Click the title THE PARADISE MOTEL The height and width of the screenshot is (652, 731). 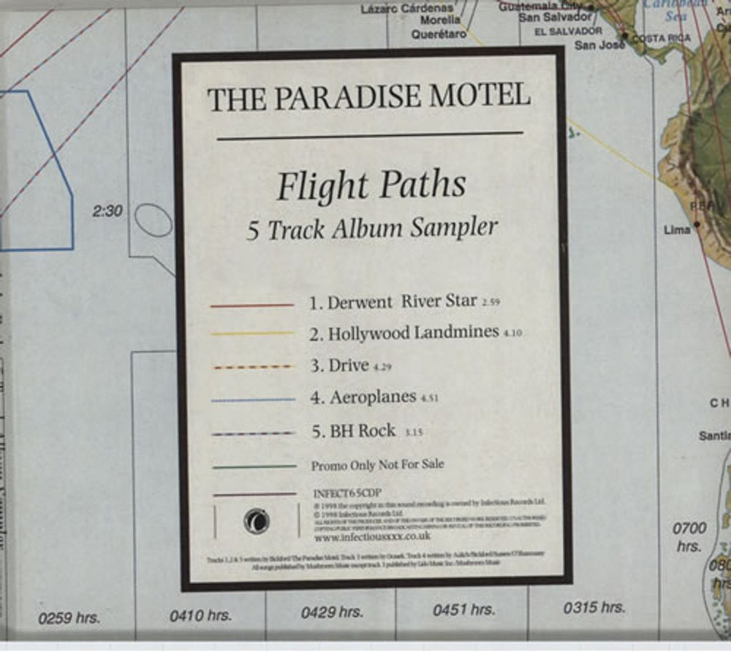click(368, 98)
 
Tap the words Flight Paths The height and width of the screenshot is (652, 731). click(371, 186)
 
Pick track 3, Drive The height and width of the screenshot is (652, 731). click(347, 365)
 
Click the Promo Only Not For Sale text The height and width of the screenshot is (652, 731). click(377, 465)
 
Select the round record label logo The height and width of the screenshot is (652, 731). click(257, 522)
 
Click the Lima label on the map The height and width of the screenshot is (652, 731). click(677, 230)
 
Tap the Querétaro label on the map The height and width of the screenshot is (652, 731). click(438, 34)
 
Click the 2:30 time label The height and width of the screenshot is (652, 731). click(108, 212)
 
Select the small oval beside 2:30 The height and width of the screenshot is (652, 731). click(154, 219)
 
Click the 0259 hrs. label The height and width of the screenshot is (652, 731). click(69, 618)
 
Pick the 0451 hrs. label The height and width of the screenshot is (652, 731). click(463, 610)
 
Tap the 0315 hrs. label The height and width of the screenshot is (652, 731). click(594, 607)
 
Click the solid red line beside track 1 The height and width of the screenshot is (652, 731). click(251, 305)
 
